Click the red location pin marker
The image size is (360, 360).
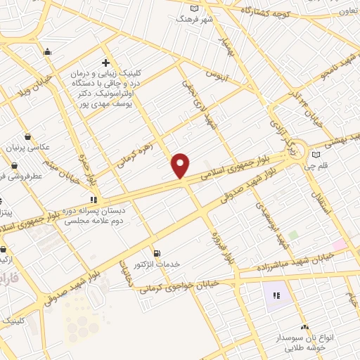181,165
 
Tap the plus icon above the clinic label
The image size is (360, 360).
106,63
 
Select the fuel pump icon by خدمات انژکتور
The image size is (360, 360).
157,253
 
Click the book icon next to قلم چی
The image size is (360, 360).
316,154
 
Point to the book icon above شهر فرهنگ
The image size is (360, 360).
195,8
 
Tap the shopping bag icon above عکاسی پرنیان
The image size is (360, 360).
27,136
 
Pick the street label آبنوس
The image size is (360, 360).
217,74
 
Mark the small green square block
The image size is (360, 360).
292,234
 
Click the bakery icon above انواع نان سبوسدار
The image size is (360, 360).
304,327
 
